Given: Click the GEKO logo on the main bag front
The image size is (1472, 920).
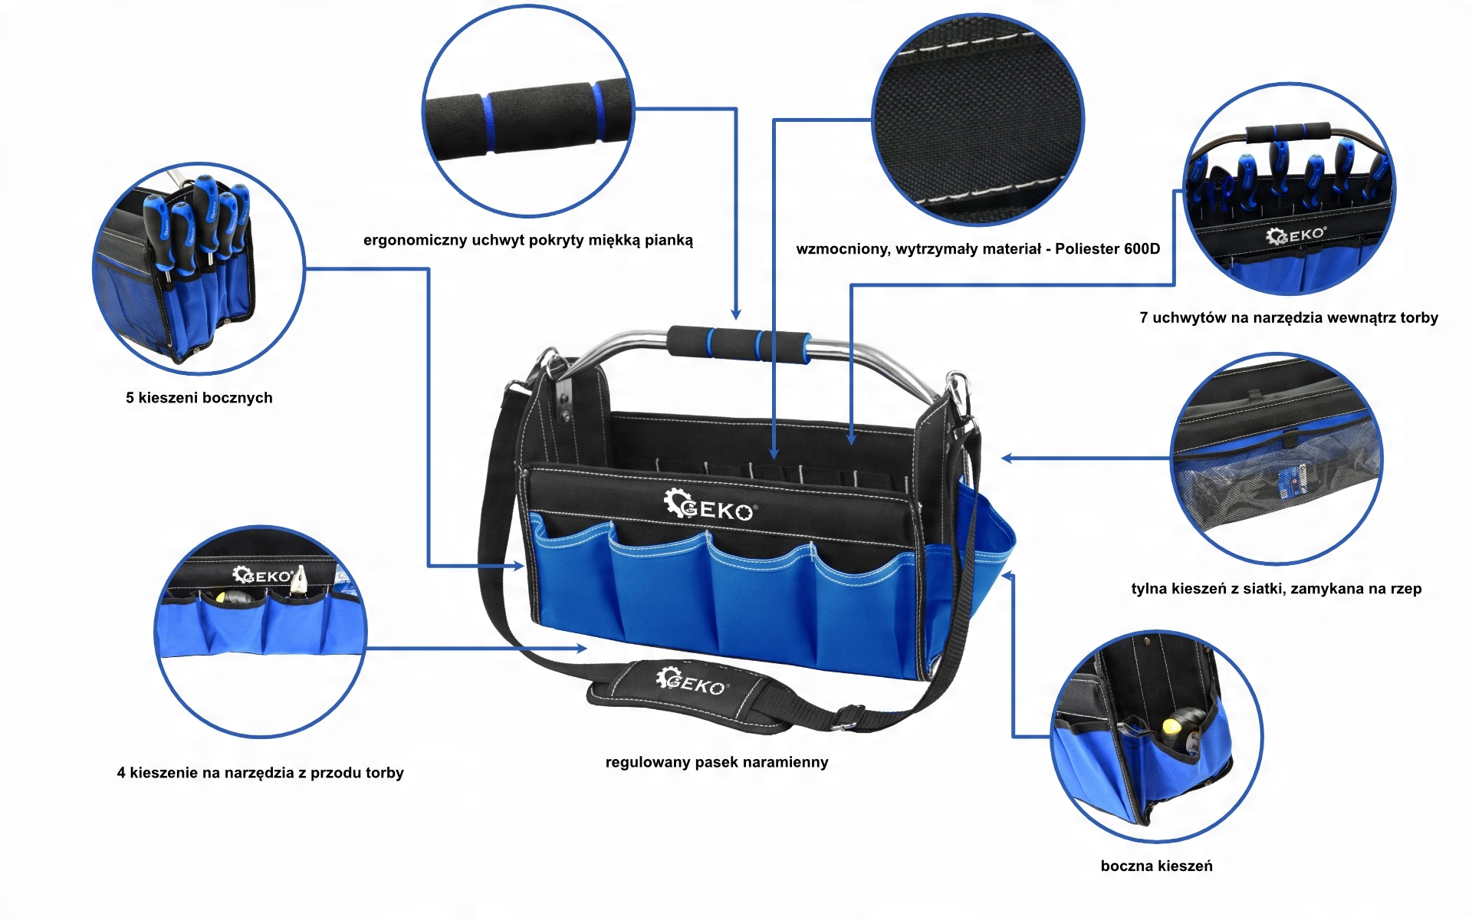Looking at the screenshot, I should point(710,506).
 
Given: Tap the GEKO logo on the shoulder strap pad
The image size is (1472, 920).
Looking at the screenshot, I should point(691,682).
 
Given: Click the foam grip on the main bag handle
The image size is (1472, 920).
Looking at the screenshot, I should point(738,343).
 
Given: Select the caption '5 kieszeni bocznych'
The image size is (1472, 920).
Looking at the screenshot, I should point(199,397).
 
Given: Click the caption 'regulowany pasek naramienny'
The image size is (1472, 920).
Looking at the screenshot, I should point(717,762).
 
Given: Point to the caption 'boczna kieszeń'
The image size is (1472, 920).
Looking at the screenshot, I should point(1156,866).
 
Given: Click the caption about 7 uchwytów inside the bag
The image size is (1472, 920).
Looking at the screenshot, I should point(1288,317).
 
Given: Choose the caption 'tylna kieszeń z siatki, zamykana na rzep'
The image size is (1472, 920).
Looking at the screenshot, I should point(1276,589).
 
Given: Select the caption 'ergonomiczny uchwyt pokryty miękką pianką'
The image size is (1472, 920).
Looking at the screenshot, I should point(527,240).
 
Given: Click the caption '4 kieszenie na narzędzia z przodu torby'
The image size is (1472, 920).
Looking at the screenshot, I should point(260,773).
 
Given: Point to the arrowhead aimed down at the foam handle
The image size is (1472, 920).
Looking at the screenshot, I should point(736,314).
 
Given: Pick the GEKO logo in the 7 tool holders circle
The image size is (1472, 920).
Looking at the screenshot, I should point(1296,235).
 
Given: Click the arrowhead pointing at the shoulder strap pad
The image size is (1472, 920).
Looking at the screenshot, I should point(582,649).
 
